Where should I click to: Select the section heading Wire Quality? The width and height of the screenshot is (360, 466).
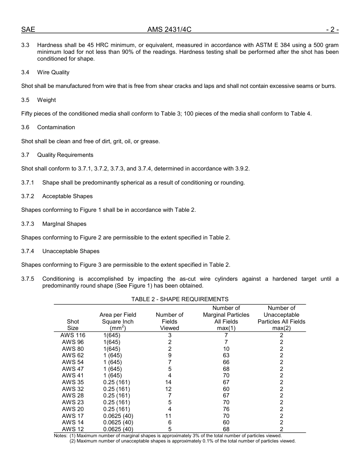point(53,72)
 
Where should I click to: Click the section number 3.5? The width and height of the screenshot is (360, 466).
point(25,100)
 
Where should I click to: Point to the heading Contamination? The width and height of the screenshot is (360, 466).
point(56,127)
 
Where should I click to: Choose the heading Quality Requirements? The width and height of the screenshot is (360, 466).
point(65,155)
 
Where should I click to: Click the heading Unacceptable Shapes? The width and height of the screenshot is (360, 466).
point(71,251)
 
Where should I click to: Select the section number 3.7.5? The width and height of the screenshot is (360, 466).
point(28,279)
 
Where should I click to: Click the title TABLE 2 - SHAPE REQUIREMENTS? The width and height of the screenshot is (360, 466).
point(180,299)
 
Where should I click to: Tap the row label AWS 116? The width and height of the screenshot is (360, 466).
point(73,335)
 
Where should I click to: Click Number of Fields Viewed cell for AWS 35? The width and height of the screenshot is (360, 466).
point(169,382)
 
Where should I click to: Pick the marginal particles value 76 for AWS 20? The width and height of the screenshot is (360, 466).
point(226,409)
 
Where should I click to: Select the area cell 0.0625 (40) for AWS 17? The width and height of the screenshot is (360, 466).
point(118,416)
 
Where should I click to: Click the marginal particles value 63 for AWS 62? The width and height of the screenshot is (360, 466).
point(226,355)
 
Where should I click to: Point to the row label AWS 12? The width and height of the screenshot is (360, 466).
point(73,429)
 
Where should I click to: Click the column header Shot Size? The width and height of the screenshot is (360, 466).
point(73,325)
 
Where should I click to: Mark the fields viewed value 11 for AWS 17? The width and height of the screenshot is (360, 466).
point(169,416)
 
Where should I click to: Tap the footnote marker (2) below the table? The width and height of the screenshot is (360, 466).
point(73,441)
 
